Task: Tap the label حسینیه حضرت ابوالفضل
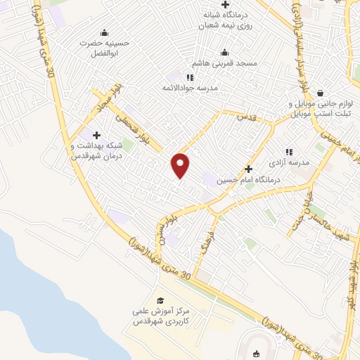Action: click(105, 47)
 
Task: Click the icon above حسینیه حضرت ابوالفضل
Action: click(105, 32)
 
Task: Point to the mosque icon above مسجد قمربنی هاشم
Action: click(224, 51)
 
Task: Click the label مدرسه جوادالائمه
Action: click(191, 88)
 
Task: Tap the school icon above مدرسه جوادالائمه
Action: click(190, 77)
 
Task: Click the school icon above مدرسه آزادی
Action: click(288, 151)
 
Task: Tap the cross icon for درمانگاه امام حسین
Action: click(248, 169)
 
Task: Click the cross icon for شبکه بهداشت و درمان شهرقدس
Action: click(96, 135)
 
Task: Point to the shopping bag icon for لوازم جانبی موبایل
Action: click(321, 93)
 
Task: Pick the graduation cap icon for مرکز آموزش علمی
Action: click(160, 300)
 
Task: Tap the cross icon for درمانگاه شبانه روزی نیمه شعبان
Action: click(224, 5)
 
